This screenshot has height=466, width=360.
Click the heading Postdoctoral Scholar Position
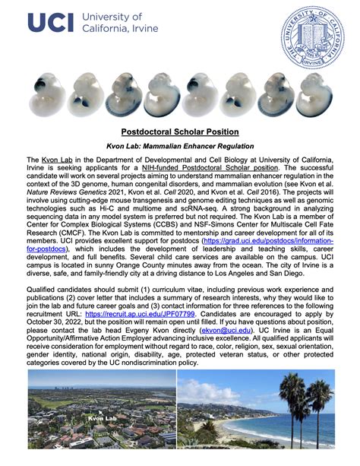180,132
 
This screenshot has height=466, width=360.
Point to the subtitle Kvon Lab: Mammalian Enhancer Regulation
180,146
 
